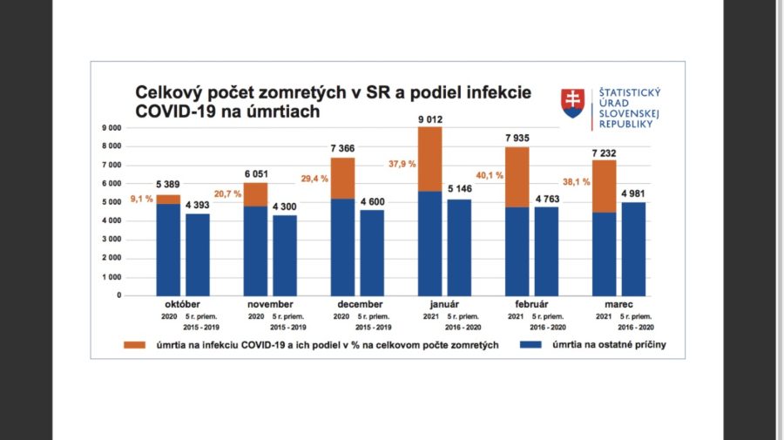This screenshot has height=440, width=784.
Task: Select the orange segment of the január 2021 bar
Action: coord(430,159)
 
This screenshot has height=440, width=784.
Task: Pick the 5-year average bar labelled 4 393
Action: coord(198,254)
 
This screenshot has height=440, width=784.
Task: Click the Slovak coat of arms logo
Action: coord(572,103)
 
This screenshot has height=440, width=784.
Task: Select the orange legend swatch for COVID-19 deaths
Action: coord(134,345)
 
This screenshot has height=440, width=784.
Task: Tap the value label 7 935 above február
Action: coord(517,139)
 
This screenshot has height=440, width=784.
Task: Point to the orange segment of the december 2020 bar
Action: coord(343,178)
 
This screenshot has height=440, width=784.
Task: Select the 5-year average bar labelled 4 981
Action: coord(632,248)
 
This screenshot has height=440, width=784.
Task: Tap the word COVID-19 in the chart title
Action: coord(170,112)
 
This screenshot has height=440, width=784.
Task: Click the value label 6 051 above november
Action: coord(256,174)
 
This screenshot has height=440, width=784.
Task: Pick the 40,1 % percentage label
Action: coord(489,173)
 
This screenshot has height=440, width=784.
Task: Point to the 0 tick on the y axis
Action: coord(118,295)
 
